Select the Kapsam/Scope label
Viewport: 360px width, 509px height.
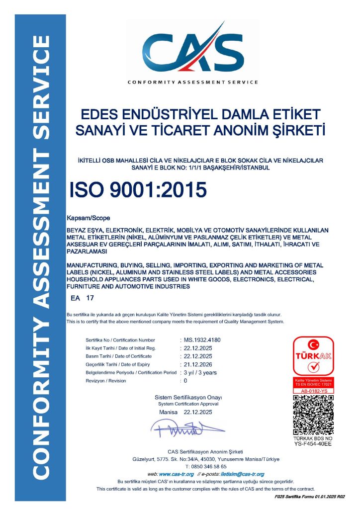tap(88, 218)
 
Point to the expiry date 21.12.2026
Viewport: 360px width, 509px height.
tap(198, 364)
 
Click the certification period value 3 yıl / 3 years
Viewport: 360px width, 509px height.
tap(200, 372)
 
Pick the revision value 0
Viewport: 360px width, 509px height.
tap(185, 381)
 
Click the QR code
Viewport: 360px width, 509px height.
tap(313, 416)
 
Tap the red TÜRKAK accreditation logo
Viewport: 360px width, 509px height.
tap(313, 356)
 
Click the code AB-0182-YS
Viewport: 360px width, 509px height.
tap(313, 391)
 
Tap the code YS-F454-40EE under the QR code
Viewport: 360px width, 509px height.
tap(313, 443)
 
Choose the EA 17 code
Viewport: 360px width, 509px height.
tap(83, 298)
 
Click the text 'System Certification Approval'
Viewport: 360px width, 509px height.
tap(188, 404)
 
